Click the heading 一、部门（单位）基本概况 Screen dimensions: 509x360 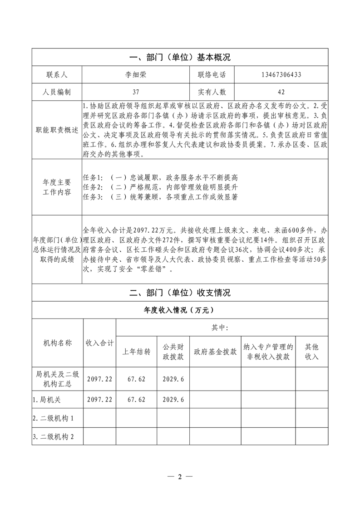click(x=180, y=58)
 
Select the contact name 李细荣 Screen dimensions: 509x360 click(x=135, y=74)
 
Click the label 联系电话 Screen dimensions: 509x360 click(x=212, y=74)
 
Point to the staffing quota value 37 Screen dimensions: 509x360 click(x=135, y=92)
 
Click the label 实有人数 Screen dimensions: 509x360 click(x=212, y=92)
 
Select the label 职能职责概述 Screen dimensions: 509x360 click(x=57, y=130)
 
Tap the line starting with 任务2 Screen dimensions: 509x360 click(x=161, y=187)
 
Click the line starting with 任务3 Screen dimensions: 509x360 click(x=161, y=197)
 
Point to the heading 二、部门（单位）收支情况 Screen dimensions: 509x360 click(x=180, y=293)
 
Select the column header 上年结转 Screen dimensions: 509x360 click(x=137, y=352)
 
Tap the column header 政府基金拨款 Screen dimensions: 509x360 click(x=215, y=352)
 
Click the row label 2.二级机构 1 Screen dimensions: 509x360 click(x=53, y=418)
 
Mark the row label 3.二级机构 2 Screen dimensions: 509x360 click(x=53, y=436)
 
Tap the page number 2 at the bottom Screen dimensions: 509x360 click(x=180, y=477)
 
